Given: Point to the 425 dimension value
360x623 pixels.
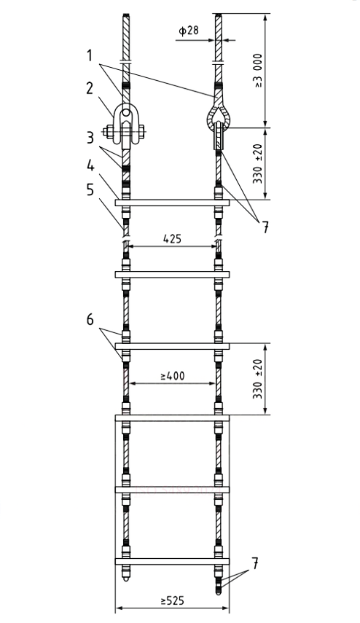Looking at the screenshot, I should [172, 238].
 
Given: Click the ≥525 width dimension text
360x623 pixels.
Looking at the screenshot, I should [172, 602].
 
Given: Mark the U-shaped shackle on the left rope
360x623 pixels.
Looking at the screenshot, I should [127, 124].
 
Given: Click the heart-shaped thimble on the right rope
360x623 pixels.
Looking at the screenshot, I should [218, 117].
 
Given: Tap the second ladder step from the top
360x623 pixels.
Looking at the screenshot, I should [172, 275].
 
